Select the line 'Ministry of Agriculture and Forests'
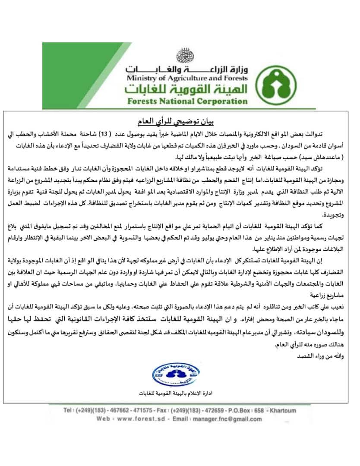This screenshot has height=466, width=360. (187, 78)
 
